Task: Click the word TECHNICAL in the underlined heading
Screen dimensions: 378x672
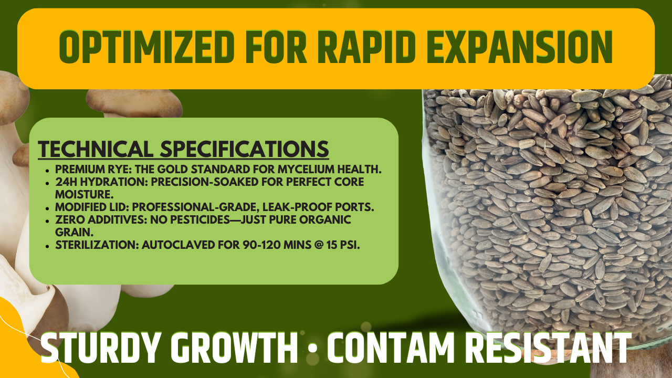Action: click(x=93, y=149)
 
